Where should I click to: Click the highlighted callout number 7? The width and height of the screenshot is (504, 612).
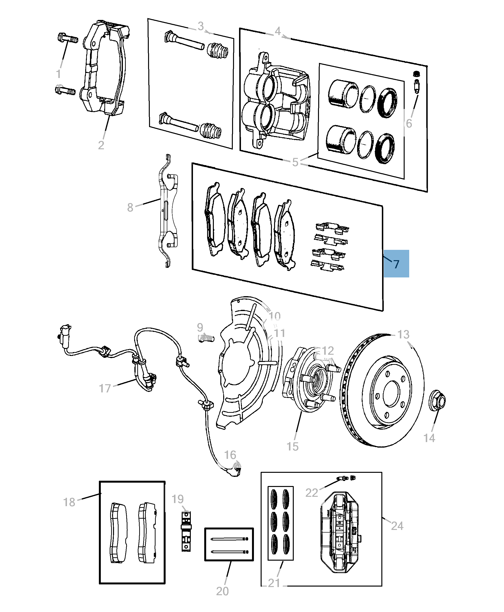pos(396,264)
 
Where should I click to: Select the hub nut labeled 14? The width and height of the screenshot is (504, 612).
pos(437,400)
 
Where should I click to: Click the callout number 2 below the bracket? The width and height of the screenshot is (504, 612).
pos(101,145)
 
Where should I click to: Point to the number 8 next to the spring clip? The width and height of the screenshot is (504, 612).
pos(130,207)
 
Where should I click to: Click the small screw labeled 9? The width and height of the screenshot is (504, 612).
pos(206,338)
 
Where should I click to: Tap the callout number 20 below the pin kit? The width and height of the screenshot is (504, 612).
pos(222,591)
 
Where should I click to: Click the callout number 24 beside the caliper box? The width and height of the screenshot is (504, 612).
pos(397,526)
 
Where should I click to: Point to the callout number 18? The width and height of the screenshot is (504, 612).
pos(69,502)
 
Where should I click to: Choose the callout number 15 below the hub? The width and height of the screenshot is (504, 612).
pos(292,446)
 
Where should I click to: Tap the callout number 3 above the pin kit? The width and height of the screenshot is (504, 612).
pos(201,26)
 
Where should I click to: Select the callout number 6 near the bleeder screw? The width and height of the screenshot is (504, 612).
pos(409,124)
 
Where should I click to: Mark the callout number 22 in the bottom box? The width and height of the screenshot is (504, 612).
pos(312,493)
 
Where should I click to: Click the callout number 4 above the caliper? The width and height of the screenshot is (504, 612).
pos(278,31)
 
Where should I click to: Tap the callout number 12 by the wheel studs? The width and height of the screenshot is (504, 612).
pos(328,351)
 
